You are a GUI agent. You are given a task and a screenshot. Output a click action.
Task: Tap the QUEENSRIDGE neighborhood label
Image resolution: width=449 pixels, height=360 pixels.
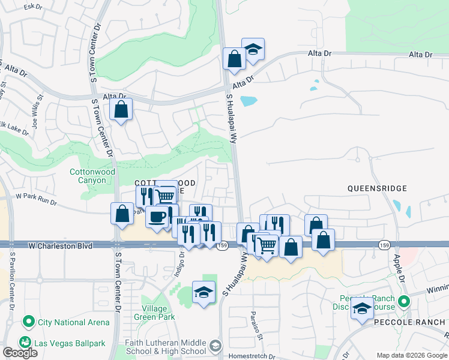click(377, 188)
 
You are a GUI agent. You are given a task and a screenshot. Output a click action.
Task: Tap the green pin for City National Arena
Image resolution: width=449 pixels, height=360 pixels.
click(28, 322)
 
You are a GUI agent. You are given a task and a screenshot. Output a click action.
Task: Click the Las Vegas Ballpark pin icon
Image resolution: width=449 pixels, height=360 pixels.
click(25, 342)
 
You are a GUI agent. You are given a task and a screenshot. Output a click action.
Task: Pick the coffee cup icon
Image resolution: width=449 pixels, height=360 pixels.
click(156, 217)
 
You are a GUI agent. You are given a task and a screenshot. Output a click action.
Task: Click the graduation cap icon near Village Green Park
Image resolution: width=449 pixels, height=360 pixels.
click(203, 292)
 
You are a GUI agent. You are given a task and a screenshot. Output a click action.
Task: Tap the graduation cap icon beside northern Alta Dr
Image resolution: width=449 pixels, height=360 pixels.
click(253, 49)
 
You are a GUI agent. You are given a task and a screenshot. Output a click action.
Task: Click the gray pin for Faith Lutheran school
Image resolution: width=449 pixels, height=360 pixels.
click(215, 346)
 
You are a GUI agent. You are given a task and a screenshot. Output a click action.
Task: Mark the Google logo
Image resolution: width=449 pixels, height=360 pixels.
click(20, 353)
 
